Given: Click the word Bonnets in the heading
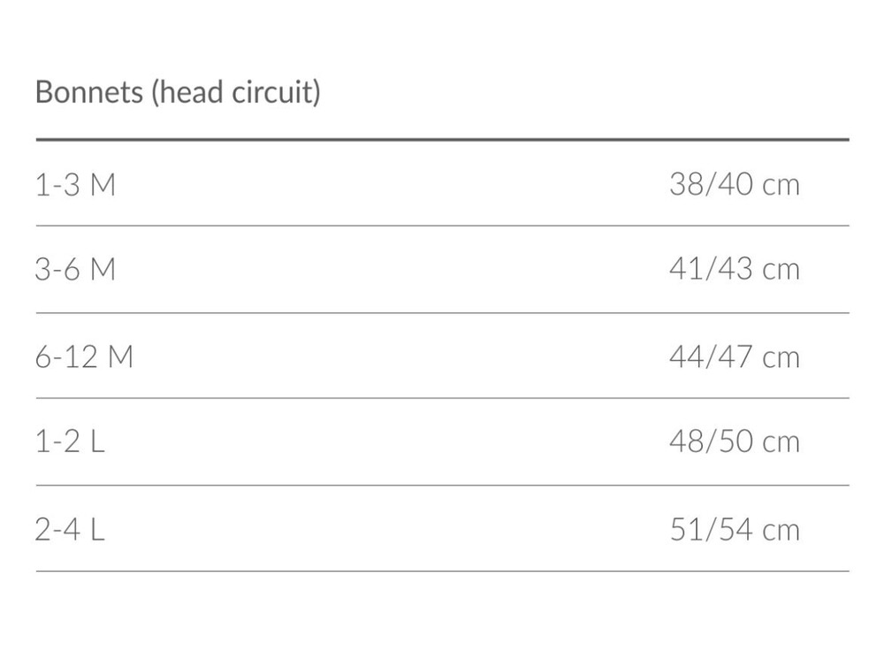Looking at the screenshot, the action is (x=89, y=91).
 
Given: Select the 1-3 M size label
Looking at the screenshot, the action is (x=75, y=185).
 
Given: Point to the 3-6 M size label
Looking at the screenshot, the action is (x=75, y=269).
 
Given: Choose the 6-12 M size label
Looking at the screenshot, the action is (x=84, y=357).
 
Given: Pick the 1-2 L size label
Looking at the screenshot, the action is (x=71, y=441).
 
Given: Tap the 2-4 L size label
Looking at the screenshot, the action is (x=71, y=530).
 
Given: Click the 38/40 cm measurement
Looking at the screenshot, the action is (x=735, y=184).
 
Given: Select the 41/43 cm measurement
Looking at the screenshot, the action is (x=735, y=269).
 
